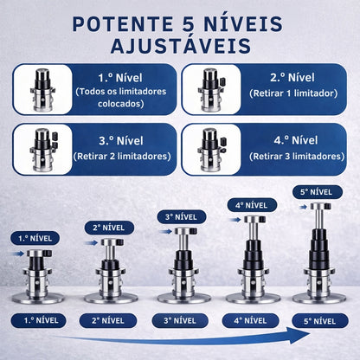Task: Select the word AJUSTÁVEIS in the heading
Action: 179,45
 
